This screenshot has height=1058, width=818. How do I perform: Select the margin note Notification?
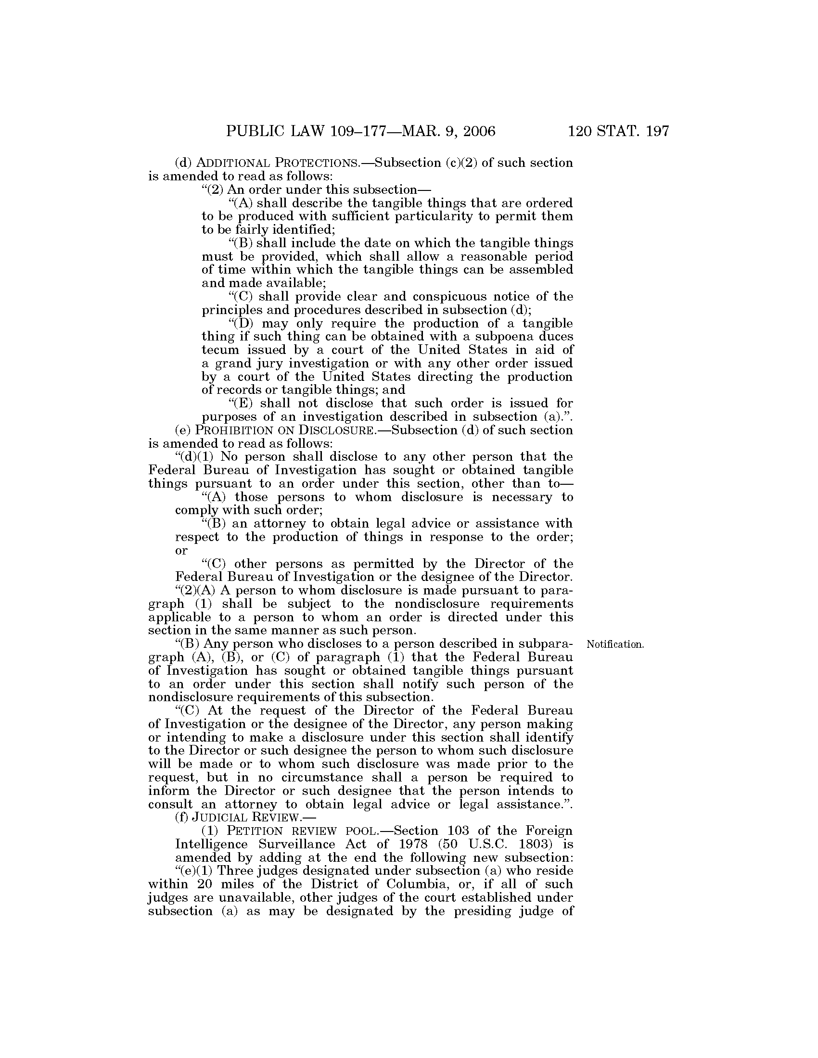coord(614,645)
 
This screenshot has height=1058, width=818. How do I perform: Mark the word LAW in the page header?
coord(305,132)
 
